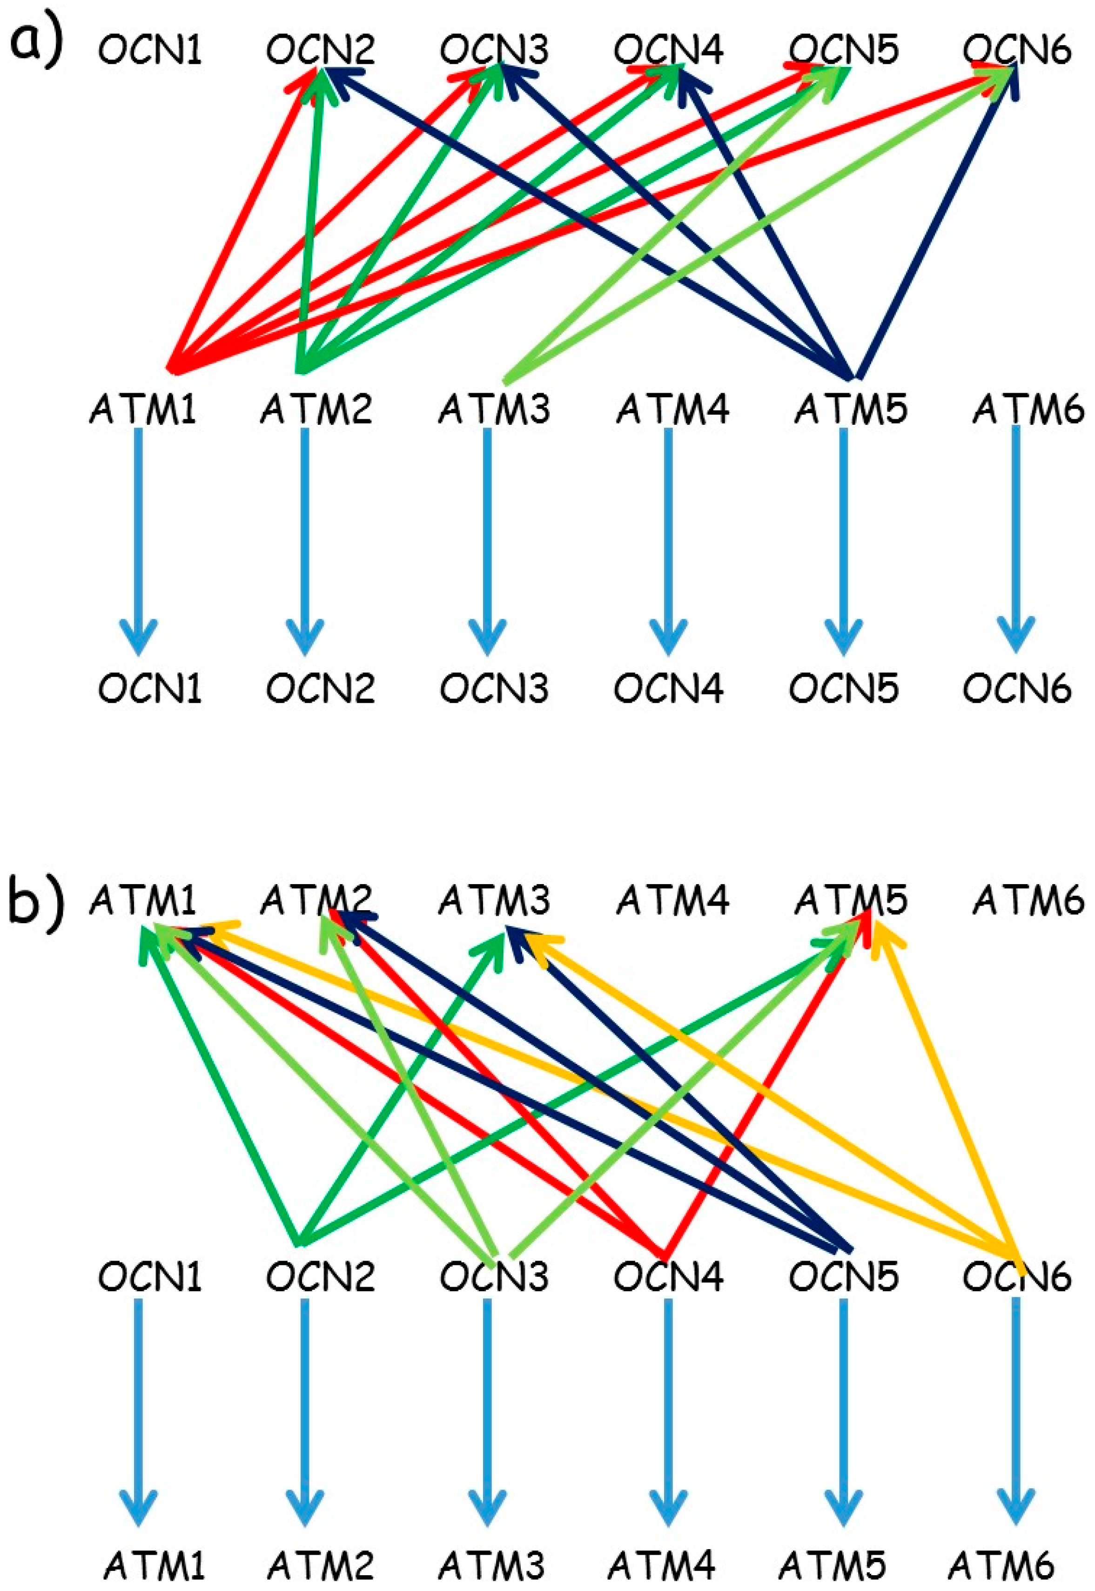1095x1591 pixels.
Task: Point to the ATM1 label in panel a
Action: click(x=143, y=409)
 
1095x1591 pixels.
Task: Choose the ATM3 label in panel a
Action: click(x=495, y=409)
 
